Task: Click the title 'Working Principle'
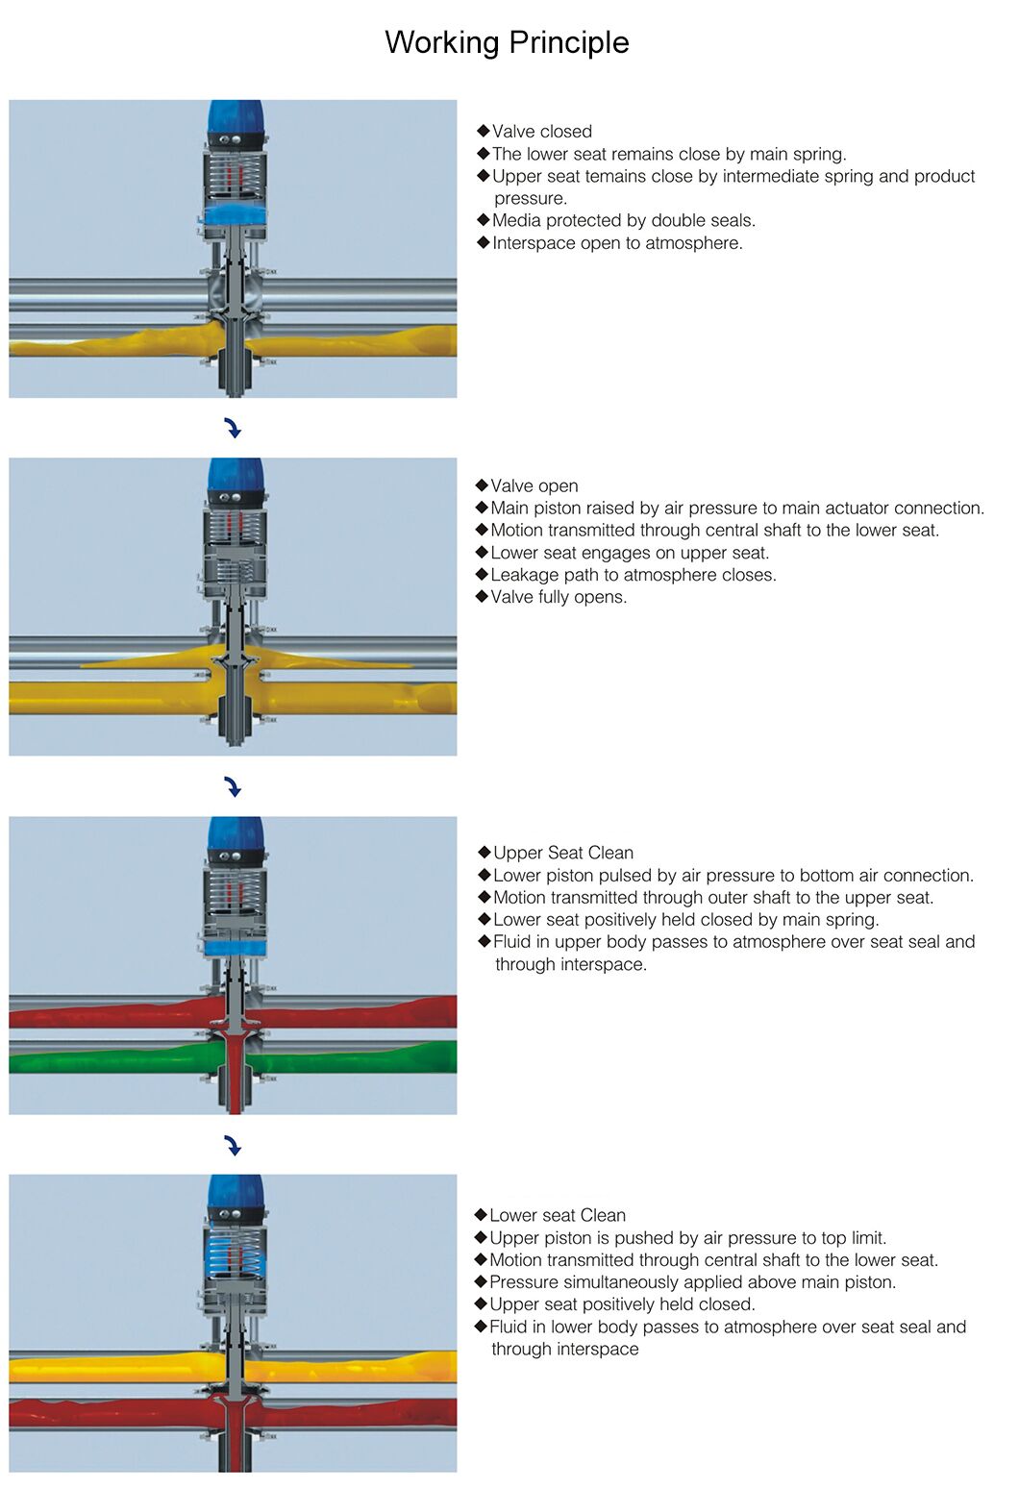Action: point(507,42)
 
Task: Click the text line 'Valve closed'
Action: point(541,132)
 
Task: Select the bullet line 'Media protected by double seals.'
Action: point(623,221)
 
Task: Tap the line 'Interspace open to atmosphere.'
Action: point(617,243)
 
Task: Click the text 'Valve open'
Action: point(534,486)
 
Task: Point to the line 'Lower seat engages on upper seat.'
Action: point(630,553)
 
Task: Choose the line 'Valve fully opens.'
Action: point(558,597)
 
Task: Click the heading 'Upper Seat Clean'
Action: point(562,853)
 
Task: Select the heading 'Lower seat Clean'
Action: point(557,1216)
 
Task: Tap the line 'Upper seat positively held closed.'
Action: point(622,1304)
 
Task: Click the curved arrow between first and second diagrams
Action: point(233,429)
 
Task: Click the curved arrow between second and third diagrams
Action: point(233,787)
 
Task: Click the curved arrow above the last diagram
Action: point(233,1146)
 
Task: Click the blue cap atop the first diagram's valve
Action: point(235,114)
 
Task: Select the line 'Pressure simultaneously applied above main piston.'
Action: point(692,1282)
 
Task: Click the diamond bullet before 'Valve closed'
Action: point(484,131)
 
